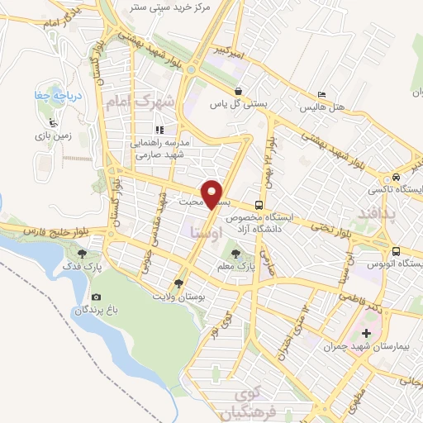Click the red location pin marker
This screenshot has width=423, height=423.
(213, 193)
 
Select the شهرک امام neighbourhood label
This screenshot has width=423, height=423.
(141, 103)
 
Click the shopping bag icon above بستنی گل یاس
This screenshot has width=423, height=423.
(238, 92)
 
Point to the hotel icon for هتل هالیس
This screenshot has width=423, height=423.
(322, 95)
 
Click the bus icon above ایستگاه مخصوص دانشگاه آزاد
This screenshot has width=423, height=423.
(259, 205)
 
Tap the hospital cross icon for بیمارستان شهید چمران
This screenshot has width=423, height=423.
(367, 334)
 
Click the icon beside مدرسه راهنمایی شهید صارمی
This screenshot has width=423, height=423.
(160, 130)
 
